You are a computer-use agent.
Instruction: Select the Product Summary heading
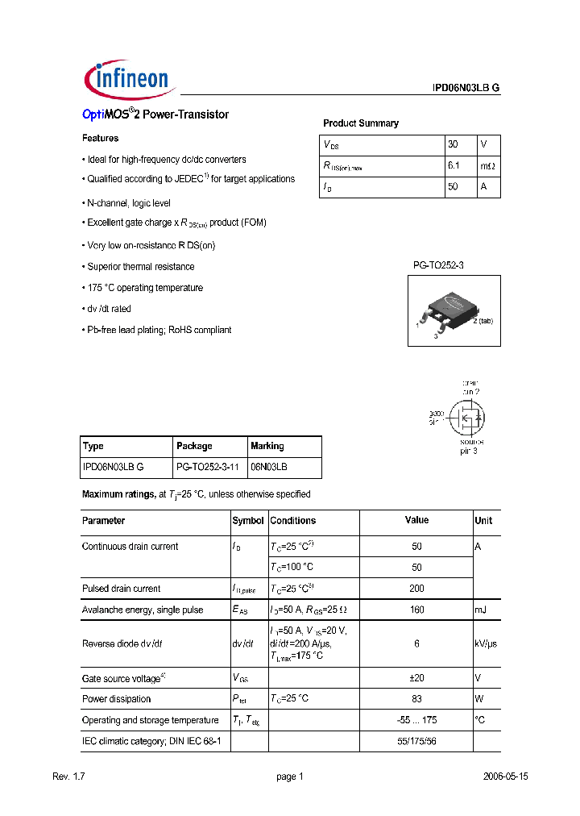click(x=360, y=123)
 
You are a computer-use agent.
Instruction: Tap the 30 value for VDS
click(x=453, y=144)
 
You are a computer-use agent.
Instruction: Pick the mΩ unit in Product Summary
click(x=488, y=165)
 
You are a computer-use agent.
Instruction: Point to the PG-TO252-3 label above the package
click(x=438, y=264)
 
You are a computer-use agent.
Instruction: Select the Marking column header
click(x=267, y=446)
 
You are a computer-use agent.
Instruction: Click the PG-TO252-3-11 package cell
click(x=208, y=467)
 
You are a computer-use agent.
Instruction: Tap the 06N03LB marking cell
click(x=269, y=467)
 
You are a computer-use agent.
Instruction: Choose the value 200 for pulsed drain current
click(x=416, y=589)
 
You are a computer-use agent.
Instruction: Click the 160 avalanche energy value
click(x=416, y=610)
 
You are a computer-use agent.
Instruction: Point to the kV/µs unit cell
click(x=487, y=643)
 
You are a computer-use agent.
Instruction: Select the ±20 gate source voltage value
click(x=416, y=678)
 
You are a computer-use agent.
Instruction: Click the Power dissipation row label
click(x=116, y=699)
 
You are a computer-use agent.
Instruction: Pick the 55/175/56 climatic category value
click(x=416, y=740)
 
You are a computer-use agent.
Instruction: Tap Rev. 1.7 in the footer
click(x=68, y=776)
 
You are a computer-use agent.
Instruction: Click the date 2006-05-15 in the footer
click(x=505, y=776)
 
